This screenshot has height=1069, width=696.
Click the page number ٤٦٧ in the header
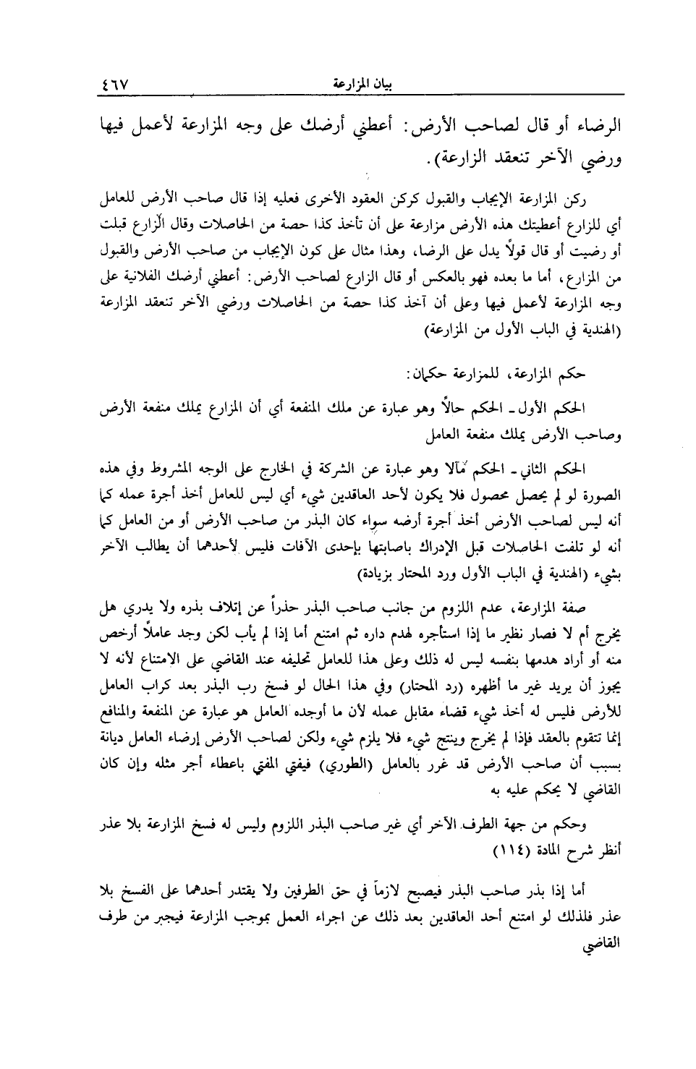(114, 83)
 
